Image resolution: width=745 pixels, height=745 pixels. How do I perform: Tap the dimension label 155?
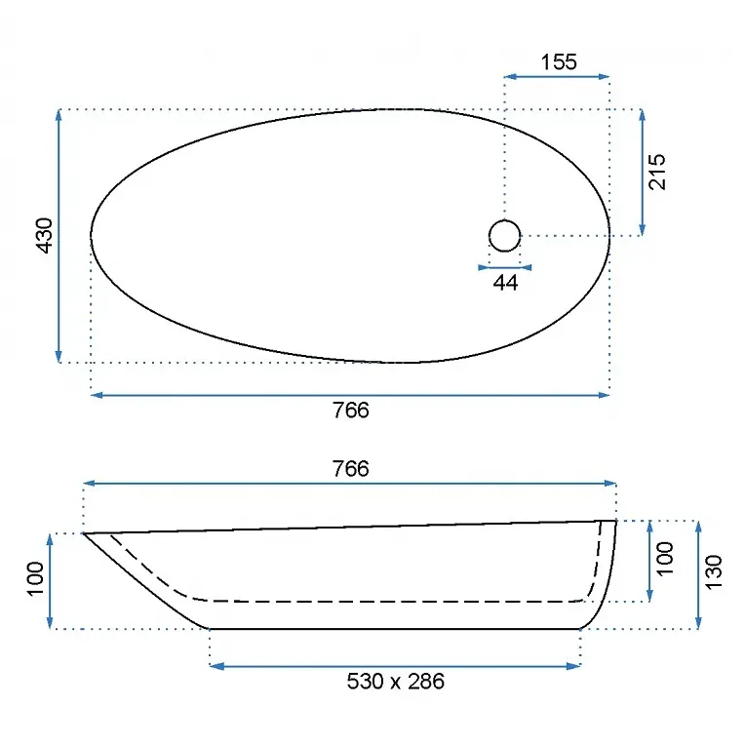click(559, 62)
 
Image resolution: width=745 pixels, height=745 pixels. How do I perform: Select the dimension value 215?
click(657, 172)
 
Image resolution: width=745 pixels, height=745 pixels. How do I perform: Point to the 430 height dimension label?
click(45, 236)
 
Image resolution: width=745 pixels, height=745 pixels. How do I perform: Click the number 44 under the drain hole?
click(505, 283)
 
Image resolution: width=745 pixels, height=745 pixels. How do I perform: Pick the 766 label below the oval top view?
click(351, 411)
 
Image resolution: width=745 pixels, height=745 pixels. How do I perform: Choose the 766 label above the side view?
click(351, 469)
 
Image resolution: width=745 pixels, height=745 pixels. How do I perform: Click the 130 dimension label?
click(714, 572)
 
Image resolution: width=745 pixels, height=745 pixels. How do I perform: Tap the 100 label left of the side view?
click(35, 578)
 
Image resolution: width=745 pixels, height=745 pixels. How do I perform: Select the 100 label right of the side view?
click(665, 559)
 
